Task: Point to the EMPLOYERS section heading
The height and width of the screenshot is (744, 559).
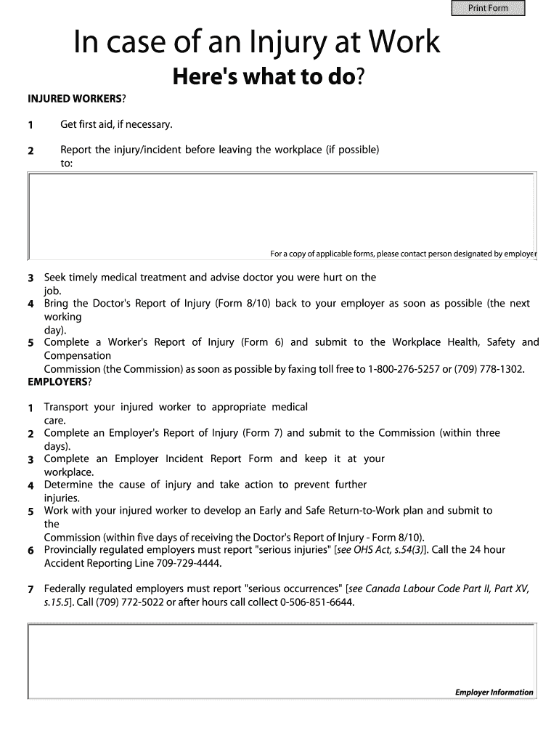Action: coord(57,381)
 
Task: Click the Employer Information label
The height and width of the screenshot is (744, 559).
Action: coord(494,692)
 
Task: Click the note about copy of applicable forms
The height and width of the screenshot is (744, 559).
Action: coord(402,254)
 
